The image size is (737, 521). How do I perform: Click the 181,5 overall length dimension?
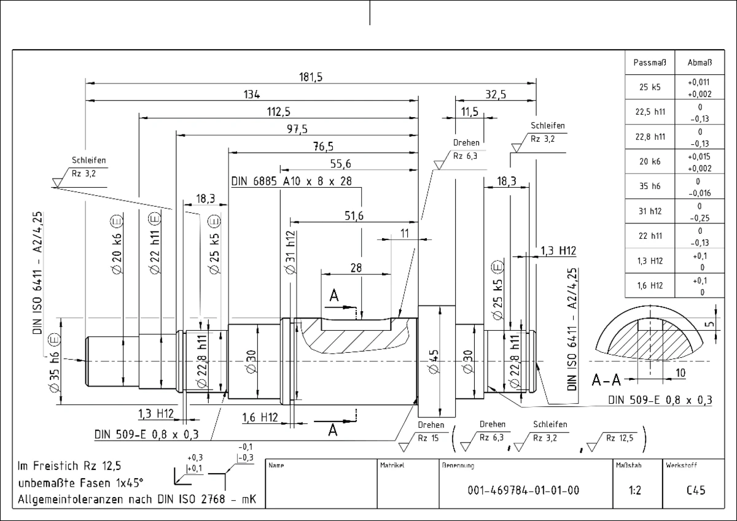point(311,77)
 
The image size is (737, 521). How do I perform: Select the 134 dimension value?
point(252,95)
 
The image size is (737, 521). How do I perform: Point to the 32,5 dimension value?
point(496,95)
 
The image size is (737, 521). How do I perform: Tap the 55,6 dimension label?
point(340,164)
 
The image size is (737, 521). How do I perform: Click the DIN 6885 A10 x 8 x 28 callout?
point(292,181)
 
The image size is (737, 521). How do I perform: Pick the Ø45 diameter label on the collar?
point(434,361)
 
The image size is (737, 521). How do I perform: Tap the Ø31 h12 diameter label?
point(291,252)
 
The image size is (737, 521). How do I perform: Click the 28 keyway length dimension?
point(356,268)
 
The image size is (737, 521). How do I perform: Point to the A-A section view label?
point(606,380)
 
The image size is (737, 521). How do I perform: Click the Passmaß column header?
point(650,63)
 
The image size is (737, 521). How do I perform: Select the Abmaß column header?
point(700,63)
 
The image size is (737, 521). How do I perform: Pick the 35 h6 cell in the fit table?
point(650,186)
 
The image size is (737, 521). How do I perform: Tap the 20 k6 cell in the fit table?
point(650,161)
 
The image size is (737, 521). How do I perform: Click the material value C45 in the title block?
point(696,490)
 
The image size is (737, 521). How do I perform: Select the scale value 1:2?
point(635,490)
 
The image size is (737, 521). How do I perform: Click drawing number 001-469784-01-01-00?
point(523,490)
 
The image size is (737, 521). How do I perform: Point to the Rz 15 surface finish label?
point(428,438)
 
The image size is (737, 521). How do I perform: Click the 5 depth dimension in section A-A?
point(710,324)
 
